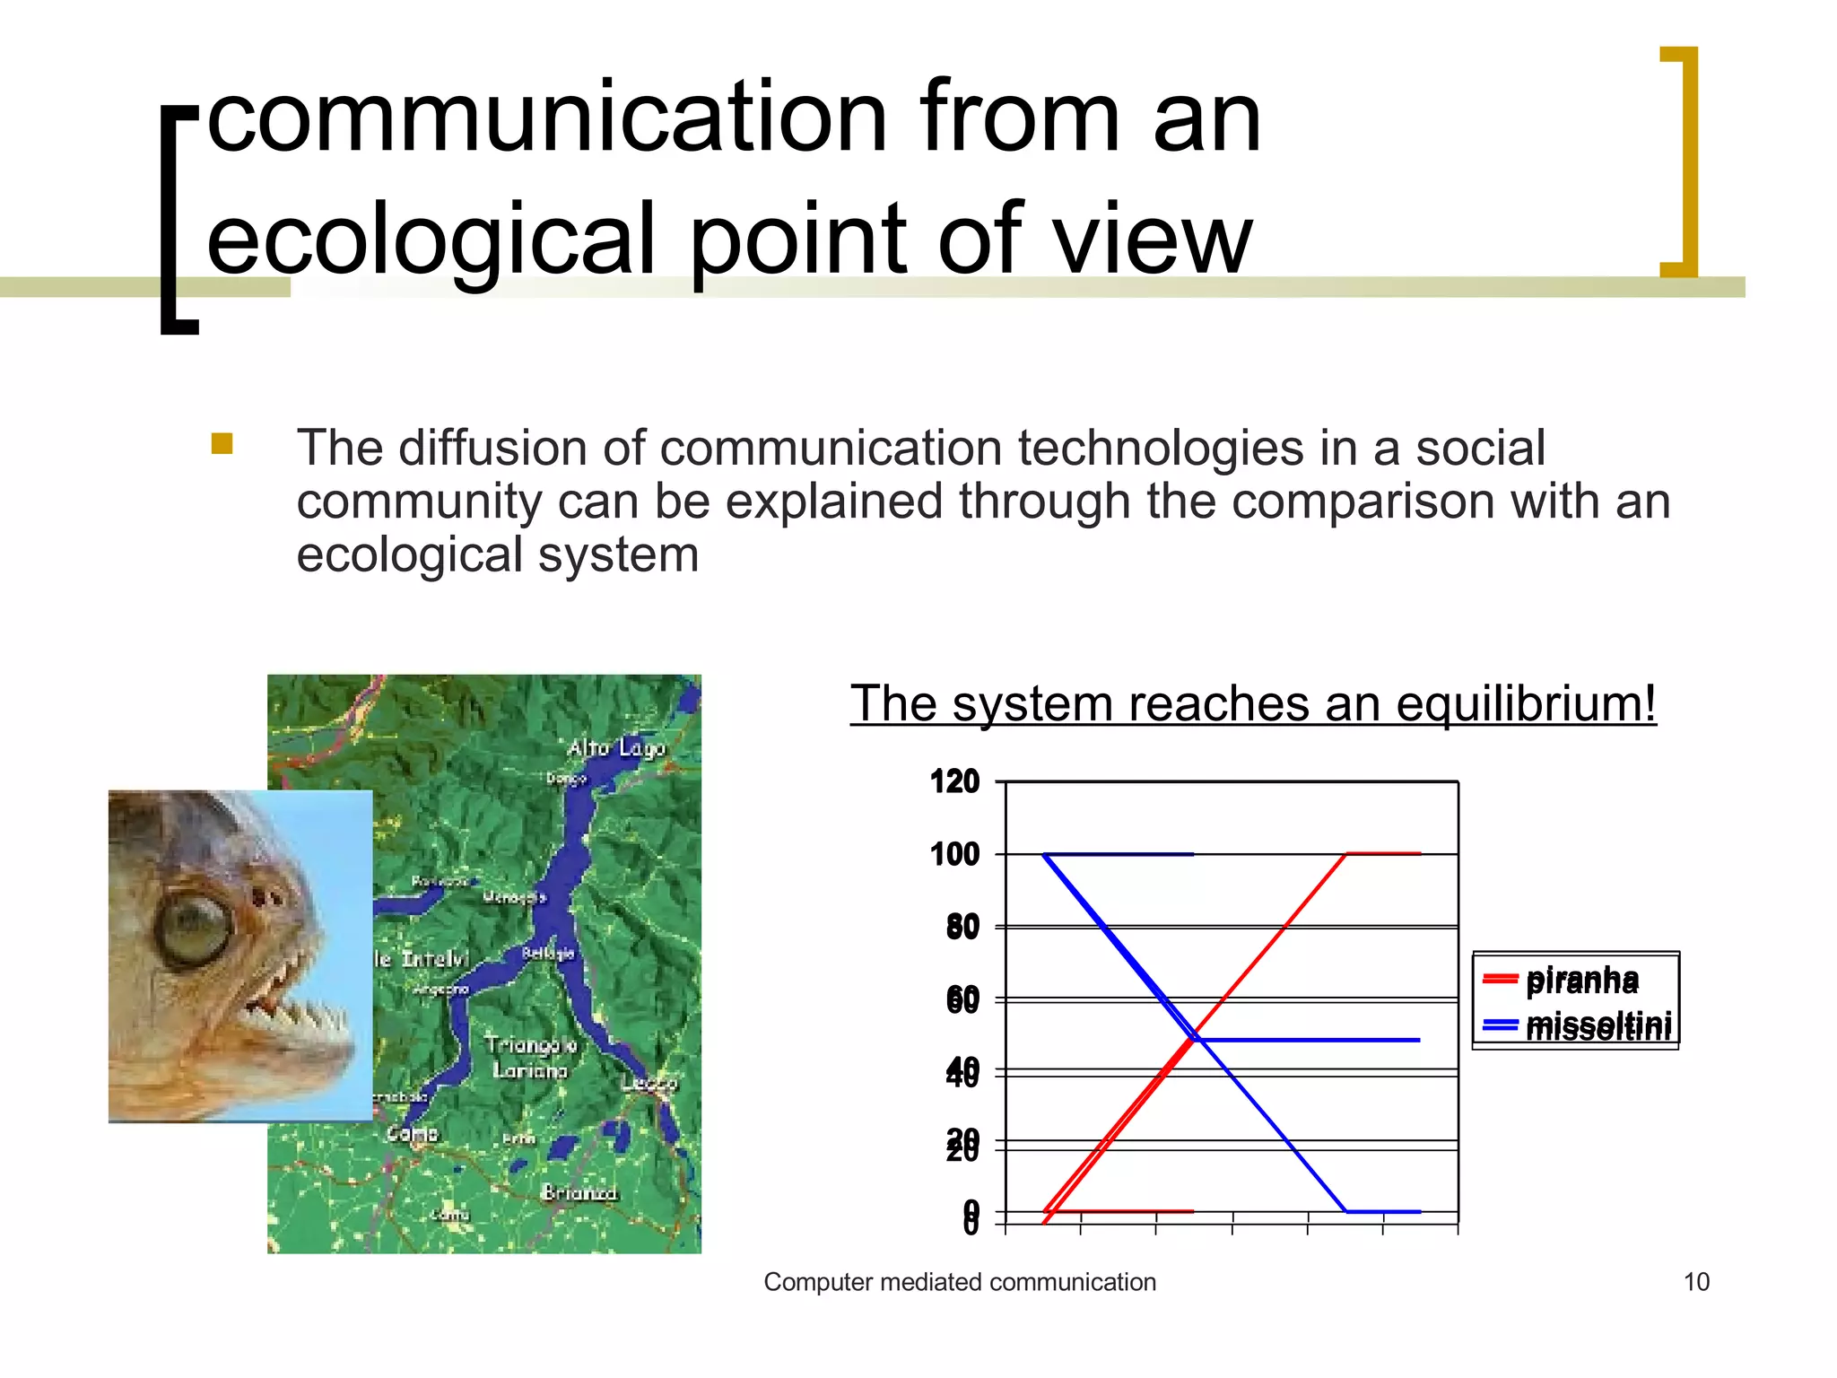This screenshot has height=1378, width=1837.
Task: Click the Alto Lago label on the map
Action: click(x=616, y=747)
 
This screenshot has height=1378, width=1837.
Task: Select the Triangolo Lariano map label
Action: click(x=530, y=1057)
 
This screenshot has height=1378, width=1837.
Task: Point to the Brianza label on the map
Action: click(x=579, y=1192)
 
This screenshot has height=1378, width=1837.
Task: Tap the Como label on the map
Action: click(x=412, y=1133)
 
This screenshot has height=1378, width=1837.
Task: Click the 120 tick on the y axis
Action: click(x=954, y=781)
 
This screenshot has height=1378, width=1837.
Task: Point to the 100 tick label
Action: click(x=954, y=854)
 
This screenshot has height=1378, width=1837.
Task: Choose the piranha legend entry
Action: click(x=1580, y=980)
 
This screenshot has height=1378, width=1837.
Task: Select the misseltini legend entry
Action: click(x=1597, y=1025)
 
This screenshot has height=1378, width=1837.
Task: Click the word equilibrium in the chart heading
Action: click(x=1525, y=703)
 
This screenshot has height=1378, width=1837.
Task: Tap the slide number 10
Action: click(x=1696, y=1282)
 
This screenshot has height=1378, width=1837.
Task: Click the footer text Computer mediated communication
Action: click(x=960, y=1282)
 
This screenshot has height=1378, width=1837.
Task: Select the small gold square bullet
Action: click(x=222, y=444)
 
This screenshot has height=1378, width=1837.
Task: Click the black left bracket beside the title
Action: click(x=178, y=221)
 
